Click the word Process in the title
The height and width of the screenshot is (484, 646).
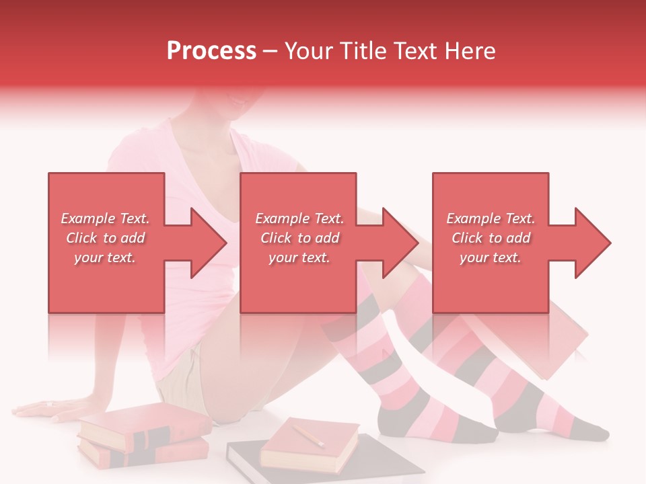click(211, 51)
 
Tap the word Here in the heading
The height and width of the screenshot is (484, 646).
click(470, 51)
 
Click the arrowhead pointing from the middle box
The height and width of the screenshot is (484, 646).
click(400, 243)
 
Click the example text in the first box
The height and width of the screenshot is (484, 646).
click(105, 238)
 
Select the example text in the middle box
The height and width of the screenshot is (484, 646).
click(299, 238)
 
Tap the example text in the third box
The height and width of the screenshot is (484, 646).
click(491, 238)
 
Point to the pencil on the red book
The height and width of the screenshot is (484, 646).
click(308, 435)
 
